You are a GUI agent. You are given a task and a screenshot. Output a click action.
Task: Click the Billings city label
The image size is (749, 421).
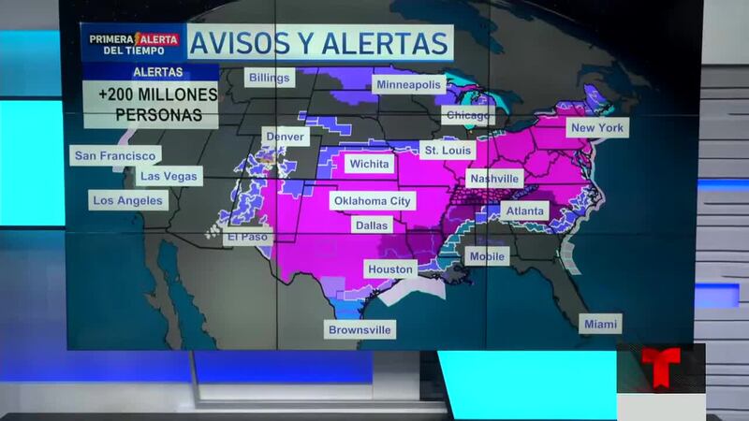[x=269, y=78]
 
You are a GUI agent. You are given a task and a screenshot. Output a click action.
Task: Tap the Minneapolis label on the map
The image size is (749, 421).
[x=408, y=85]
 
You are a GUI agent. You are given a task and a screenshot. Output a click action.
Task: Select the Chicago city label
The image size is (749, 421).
[x=467, y=116]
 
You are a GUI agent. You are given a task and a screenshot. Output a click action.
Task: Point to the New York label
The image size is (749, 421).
[x=598, y=126]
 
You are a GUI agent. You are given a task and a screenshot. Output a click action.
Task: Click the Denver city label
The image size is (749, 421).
[x=285, y=137]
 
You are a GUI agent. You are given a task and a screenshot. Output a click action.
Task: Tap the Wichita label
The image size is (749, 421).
[x=369, y=164]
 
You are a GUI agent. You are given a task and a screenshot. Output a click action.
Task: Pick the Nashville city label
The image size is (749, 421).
[x=494, y=179]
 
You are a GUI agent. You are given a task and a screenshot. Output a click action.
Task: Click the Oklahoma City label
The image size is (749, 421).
[x=372, y=201]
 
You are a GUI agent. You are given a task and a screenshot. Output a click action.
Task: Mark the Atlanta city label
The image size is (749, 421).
[x=524, y=211]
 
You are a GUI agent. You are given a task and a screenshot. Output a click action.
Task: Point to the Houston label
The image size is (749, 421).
[x=390, y=269]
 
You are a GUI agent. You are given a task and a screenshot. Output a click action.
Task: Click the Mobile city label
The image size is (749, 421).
[x=487, y=256]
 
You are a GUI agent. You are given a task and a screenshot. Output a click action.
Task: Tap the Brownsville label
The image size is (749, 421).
[x=360, y=329]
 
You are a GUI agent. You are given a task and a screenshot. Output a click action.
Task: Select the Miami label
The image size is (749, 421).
[x=600, y=324]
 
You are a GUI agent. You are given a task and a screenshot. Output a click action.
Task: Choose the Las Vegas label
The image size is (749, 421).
[x=168, y=176]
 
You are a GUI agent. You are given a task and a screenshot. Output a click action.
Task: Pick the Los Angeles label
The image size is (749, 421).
[x=127, y=200]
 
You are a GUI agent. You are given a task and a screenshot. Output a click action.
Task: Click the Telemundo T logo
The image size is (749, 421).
[x=660, y=367]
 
